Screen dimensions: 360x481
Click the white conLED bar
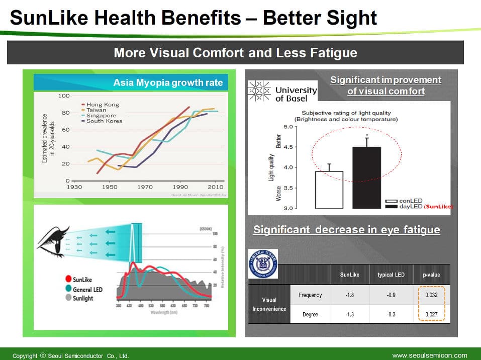(329, 190)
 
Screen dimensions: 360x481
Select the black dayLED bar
(366, 177)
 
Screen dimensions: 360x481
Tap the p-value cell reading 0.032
(431, 295)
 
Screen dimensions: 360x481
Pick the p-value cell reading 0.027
(431, 315)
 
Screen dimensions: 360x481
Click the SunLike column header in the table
(349, 275)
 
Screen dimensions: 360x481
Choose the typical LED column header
(391, 275)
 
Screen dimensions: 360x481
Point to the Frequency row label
(310, 295)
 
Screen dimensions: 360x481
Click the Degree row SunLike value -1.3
(349, 315)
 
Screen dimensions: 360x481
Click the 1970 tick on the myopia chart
(145, 187)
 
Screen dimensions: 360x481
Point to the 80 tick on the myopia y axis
(65, 113)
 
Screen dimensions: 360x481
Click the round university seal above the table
(262, 263)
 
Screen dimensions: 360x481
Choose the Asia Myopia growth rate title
(168, 82)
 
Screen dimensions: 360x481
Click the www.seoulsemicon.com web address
(429, 355)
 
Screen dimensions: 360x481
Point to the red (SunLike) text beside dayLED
(438, 206)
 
